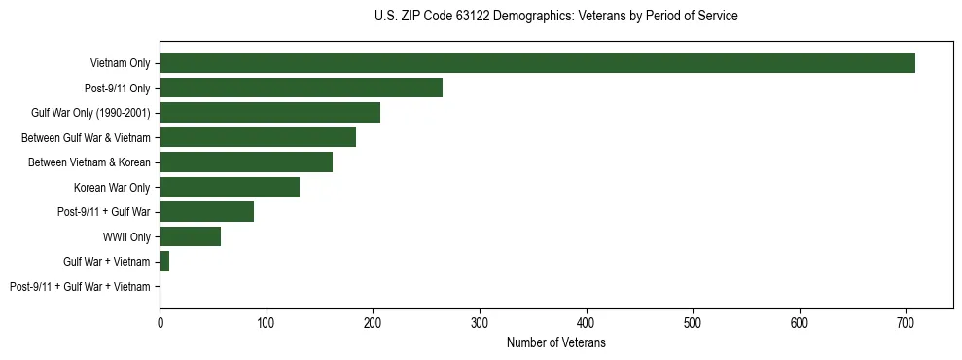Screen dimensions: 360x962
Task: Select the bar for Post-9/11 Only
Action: (x=301, y=88)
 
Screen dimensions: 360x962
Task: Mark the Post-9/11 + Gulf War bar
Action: (x=206, y=211)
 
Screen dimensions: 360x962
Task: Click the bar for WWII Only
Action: (x=190, y=236)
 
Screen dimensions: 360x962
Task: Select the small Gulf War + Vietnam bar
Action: (x=164, y=261)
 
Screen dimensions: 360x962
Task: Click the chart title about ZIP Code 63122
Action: (x=555, y=17)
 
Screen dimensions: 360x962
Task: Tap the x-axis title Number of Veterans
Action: (x=555, y=342)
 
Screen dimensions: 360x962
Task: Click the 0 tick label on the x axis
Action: (x=160, y=320)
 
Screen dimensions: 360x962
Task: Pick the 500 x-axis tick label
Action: (x=693, y=320)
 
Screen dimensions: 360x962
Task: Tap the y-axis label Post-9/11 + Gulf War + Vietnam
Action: (x=80, y=286)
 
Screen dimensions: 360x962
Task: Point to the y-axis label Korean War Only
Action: (x=112, y=187)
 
